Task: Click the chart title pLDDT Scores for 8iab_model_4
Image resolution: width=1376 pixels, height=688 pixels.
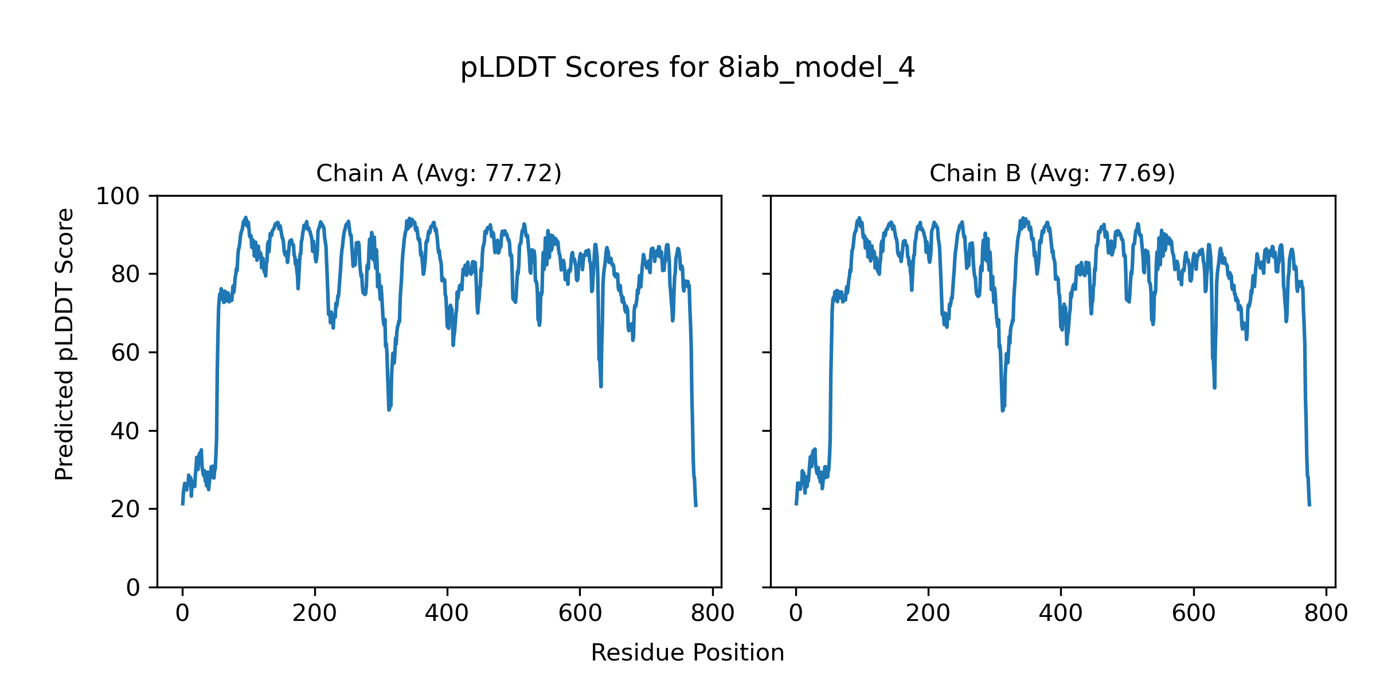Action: pyautogui.click(x=687, y=68)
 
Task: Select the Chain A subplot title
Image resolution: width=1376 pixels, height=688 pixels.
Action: pyautogui.click(x=439, y=173)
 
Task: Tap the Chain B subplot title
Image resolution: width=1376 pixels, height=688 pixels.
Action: pyautogui.click(x=1052, y=173)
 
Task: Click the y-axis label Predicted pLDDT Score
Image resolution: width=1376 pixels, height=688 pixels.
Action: pyautogui.click(x=65, y=344)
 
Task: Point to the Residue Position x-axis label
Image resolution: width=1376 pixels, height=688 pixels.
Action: pyautogui.click(x=687, y=653)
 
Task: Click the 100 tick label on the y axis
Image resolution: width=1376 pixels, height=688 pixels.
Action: pyautogui.click(x=118, y=197)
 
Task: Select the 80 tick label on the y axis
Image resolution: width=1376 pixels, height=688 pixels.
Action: pyautogui.click(x=126, y=275)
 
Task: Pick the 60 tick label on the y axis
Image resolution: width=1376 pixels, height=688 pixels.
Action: pyautogui.click(x=126, y=353)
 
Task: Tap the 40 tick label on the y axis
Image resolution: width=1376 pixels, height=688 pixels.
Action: pyautogui.click(x=126, y=431)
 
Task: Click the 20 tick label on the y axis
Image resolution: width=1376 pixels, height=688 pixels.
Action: pyautogui.click(x=126, y=510)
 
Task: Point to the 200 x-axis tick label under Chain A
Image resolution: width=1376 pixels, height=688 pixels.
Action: pyautogui.click(x=315, y=613)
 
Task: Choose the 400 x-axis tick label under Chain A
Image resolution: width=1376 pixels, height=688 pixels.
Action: pyautogui.click(x=447, y=613)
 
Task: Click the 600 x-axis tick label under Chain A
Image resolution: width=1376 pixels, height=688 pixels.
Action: pyautogui.click(x=580, y=613)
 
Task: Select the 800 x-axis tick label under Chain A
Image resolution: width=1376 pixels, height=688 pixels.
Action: pyautogui.click(x=713, y=613)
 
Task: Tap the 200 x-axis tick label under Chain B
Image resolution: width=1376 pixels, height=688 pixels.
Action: pyautogui.click(x=928, y=613)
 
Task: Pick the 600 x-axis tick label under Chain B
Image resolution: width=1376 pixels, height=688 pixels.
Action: pyautogui.click(x=1194, y=613)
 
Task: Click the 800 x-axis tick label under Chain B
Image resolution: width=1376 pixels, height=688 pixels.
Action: pyautogui.click(x=1326, y=613)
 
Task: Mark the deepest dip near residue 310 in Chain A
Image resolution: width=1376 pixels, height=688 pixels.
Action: pyautogui.click(x=389, y=409)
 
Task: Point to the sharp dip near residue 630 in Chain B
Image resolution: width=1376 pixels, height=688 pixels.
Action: pyautogui.click(x=1214, y=388)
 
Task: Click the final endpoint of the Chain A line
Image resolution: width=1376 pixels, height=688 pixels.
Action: pyautogui.click(x=696, y=506)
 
